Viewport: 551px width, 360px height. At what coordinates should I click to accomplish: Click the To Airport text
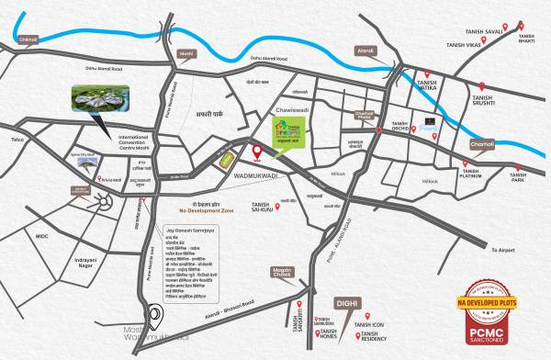point(504,250)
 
